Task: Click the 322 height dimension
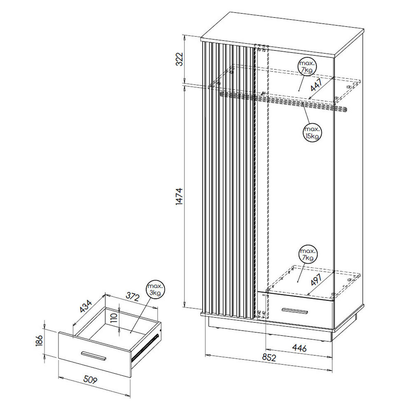pyautogui.click(x=179, y=59)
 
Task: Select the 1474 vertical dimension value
pyautogui.click(x=179, y=196)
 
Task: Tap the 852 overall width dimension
pyautogui.click(x=269, y=357)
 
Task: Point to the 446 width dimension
pyautogui.click(x=299, y=348)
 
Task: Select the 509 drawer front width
pyautogui.click(x=90, y=379)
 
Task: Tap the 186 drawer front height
pyautogui.click(x=39, y=340)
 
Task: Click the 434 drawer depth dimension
pyautogui.click(x=85, y=306)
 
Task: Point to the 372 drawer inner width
pyautogui.click(x=132, y=297)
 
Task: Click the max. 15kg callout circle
pyautogui.click(x=312, y=133)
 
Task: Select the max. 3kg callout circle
pyautogui.click(x=155, y=289)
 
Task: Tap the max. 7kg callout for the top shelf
pyautogui.click(x=307, y=67)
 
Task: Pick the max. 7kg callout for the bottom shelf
pyautogui.click(x=308, y=254)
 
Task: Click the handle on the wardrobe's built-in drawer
pyautogui.click(x=295, y=311)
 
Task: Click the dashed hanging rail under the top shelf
pyautogui.click(x=283, y=102)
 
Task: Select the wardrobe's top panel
pyautogui.click(x=282, y=35)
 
